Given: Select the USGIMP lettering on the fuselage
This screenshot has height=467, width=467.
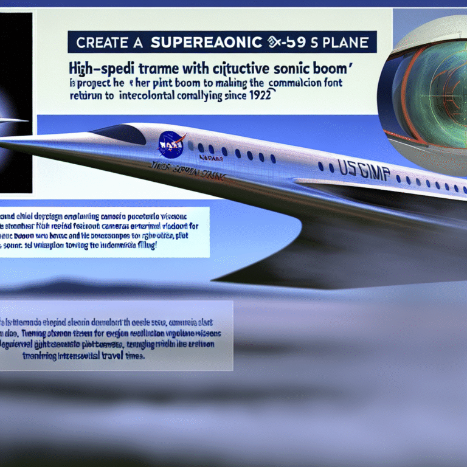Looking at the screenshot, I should [x=354, y=169].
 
